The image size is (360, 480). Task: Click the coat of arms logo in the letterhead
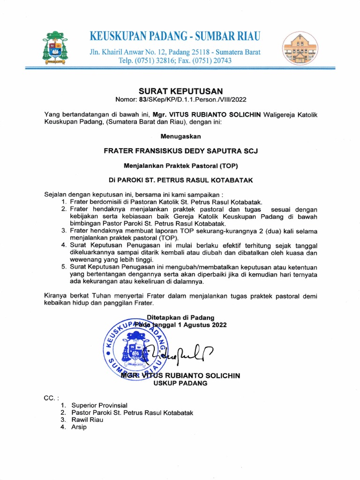pos(55,48)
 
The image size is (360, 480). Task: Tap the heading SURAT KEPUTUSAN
pos(180,91)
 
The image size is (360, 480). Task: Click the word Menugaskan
pos(180,136)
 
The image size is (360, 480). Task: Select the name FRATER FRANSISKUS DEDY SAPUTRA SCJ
pos(180,151)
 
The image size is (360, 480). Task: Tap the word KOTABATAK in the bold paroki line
pos(234,180)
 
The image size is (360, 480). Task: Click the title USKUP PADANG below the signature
pos(180,383)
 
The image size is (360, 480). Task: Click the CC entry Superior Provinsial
pos(99,405)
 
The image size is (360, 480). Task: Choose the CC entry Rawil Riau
pos(87,420)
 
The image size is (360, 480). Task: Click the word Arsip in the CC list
pos(79,427)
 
